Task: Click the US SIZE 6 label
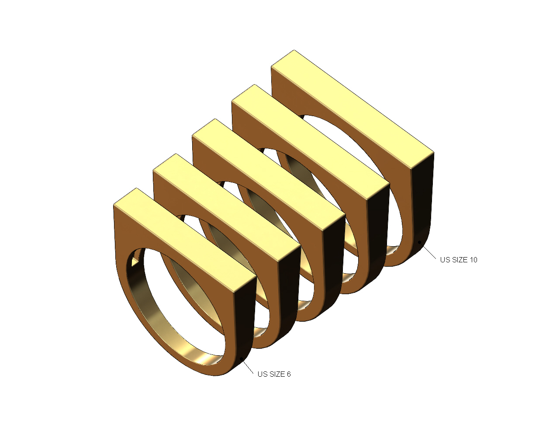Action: [x=274, y=374]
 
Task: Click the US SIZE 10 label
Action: [x=459, y=260]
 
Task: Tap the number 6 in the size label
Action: [x=288, y=374]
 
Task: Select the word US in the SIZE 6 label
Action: [x=262, y=374]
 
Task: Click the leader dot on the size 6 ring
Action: [x=242, y=359]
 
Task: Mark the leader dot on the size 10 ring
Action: [x=420, y=241]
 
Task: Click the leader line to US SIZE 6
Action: [x=248, y=366]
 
